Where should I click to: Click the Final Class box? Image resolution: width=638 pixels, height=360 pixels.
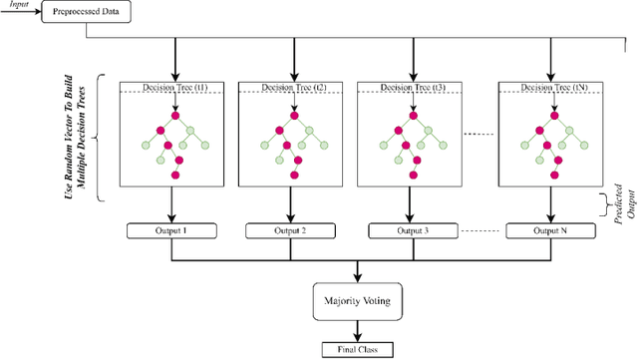(357, 350)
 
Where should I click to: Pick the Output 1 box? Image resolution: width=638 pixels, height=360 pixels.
(174, 231)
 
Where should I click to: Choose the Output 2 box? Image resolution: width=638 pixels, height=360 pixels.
(293, 231)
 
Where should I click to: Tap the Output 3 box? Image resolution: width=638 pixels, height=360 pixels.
(413, 231)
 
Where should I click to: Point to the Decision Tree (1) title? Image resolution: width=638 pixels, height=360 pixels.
(174, 88)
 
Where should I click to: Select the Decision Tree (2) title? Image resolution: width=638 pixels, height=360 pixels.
(293, 88)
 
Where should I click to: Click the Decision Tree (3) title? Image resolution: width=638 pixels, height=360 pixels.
(413, 88)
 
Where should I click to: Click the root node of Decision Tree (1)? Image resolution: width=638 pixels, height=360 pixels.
(174, 116)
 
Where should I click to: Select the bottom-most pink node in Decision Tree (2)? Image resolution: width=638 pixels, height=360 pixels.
(295, 176)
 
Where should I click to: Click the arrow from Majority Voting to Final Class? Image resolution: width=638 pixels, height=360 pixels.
(357, 332)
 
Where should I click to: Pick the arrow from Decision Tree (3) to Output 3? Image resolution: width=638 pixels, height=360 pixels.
(413, 204)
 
